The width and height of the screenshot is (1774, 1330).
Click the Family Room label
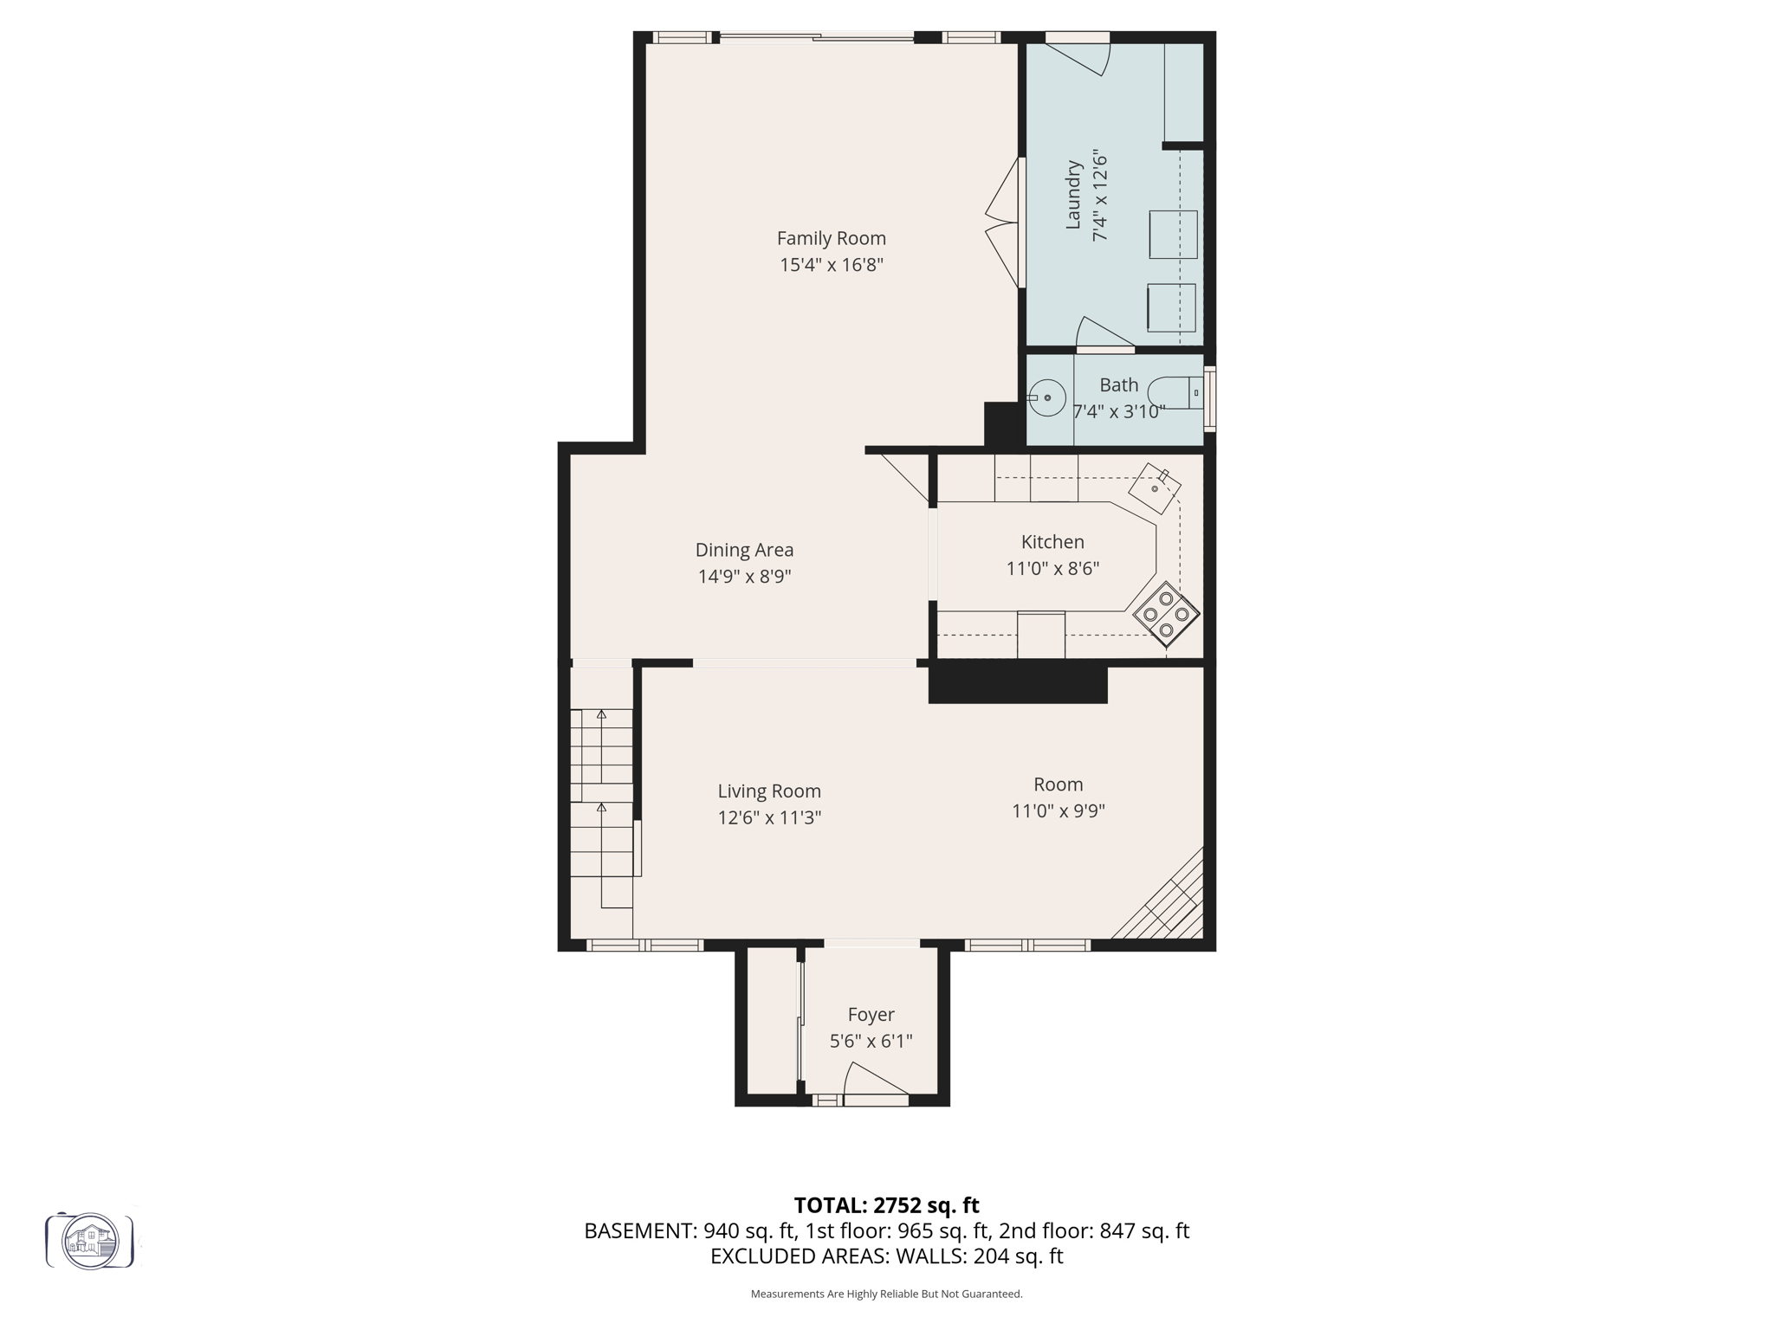point(831,238)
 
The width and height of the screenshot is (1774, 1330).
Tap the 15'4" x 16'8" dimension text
point(831,265)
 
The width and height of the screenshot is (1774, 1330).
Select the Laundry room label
point(1073,196)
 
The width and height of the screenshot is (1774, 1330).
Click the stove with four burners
point(1166,614)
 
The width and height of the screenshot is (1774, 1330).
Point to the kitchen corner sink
point(1155,489)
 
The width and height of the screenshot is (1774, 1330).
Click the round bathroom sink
point(1047,397)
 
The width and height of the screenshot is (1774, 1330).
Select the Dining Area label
point(744,550)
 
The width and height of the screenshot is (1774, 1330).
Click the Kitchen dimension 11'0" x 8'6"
point(1052,569)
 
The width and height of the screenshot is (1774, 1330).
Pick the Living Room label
point(769,791)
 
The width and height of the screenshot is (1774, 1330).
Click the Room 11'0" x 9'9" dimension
point(1059,811)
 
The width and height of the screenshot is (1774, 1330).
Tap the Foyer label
point(871,1014)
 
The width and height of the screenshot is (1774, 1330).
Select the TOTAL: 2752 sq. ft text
point(886,1205)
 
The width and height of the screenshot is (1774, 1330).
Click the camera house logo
point(90,1241)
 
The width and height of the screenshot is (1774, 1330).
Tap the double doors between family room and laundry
point(1005,223)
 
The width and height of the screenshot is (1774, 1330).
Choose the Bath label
point(1118,384)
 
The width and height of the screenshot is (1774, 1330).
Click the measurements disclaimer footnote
point(886,1294)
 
